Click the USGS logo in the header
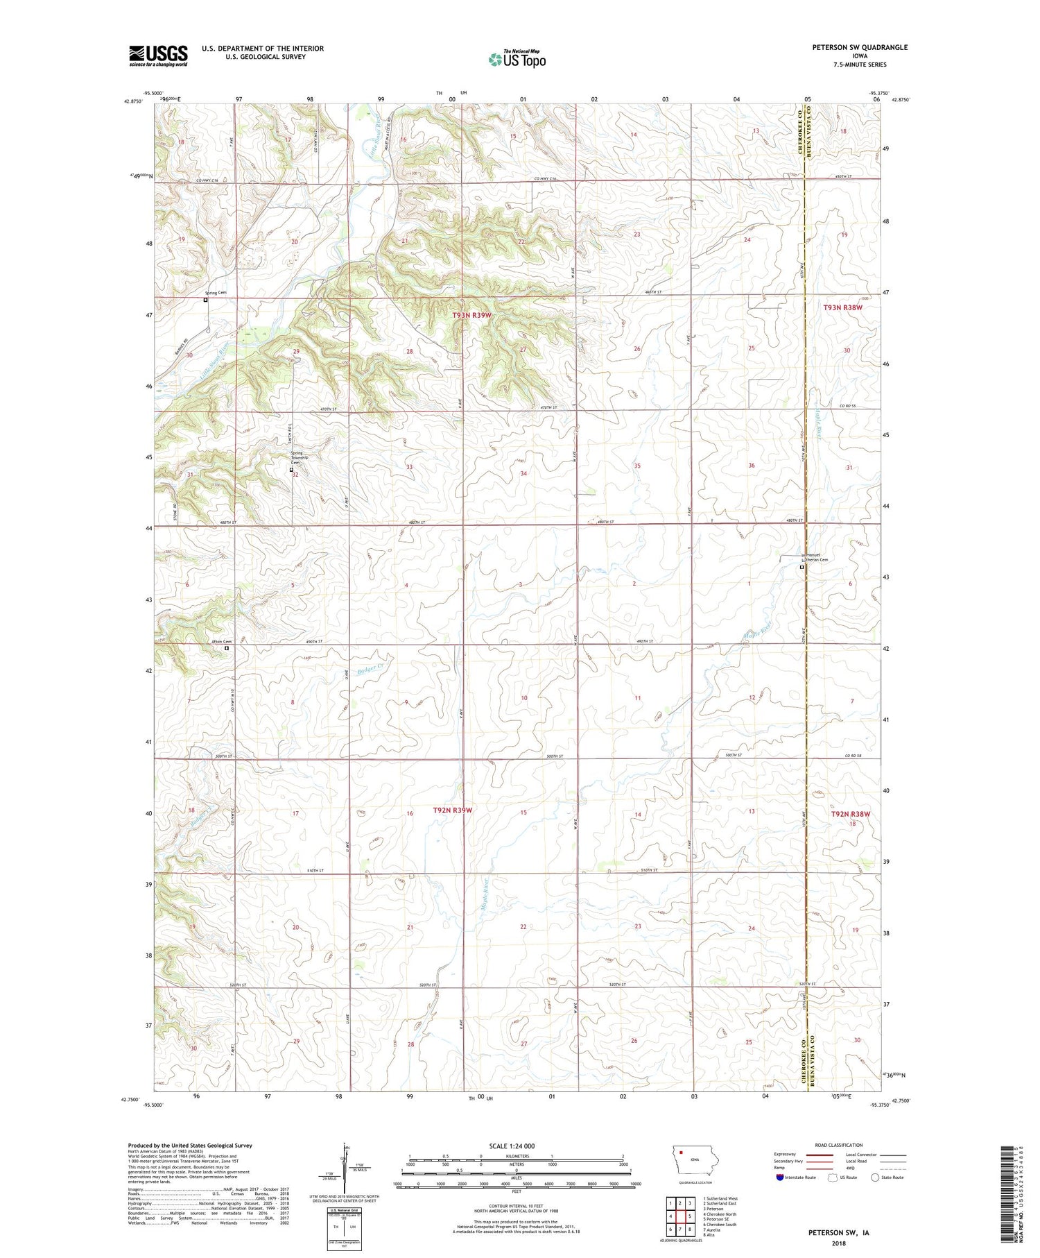click(x=158, y=56)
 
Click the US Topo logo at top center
click(x=517, y=60)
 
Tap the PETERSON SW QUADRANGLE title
click(x=859, y=47)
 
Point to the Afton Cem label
click(x=221, y=642)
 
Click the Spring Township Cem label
click(x=299, y=459)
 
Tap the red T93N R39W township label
click(x=471, y=315)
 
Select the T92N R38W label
click(x=850, y=814)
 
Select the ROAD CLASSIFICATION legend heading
click(x=839, y=1145)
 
